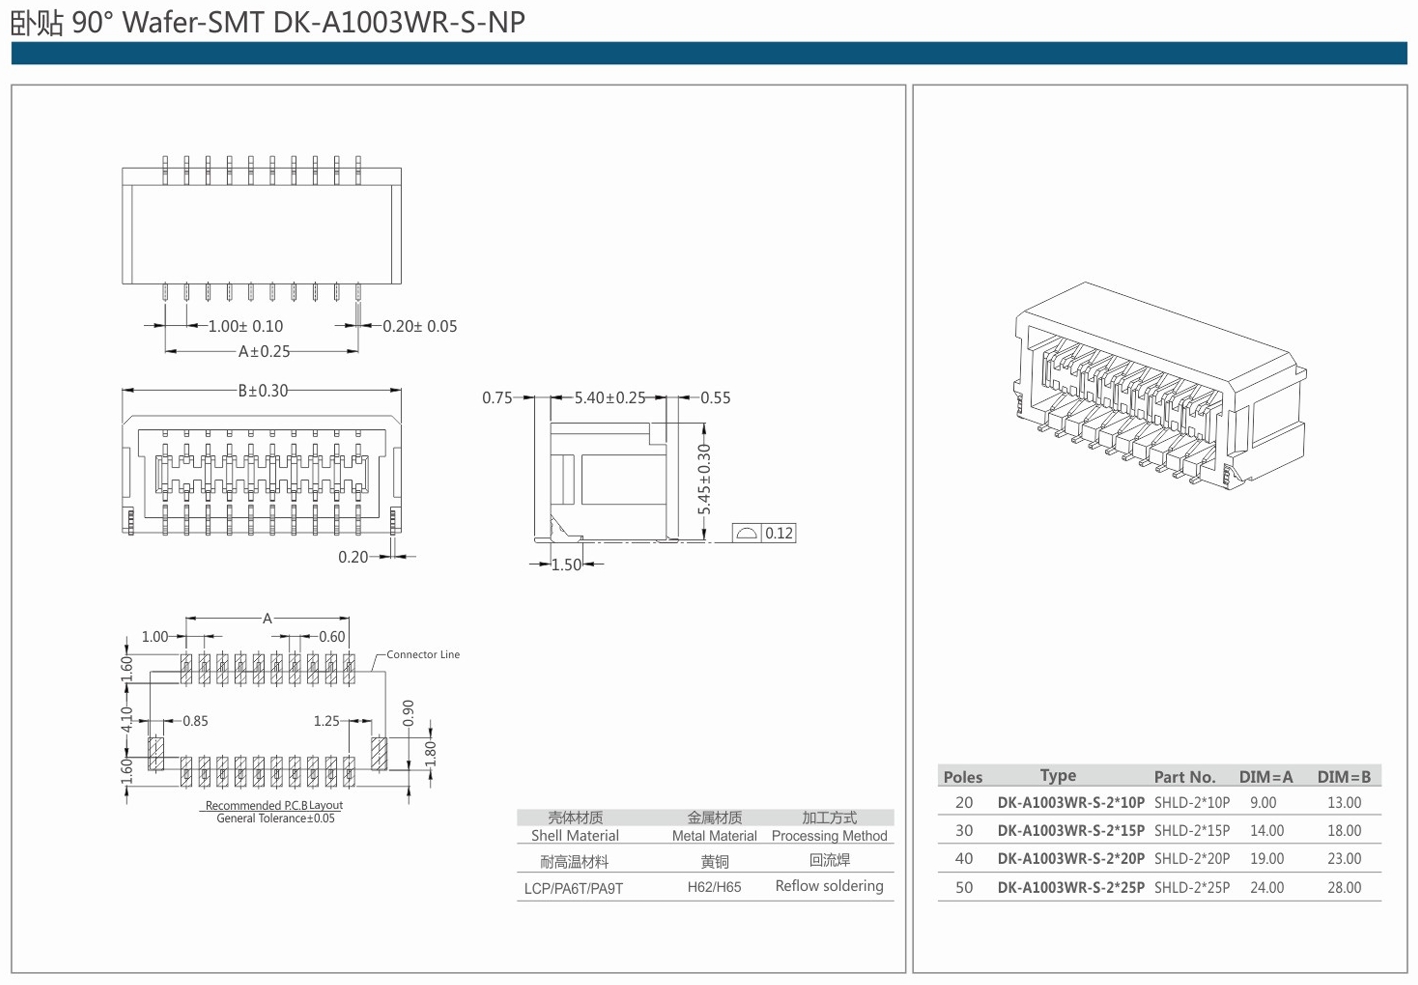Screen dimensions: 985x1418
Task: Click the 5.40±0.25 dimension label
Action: click(609, 398)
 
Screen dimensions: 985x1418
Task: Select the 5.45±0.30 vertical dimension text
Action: click(705, 479)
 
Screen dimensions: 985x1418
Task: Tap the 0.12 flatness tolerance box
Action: click(764, 533)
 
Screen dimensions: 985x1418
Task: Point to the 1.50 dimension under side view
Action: click(566, 565)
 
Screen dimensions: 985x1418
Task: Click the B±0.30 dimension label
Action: click(262, 391)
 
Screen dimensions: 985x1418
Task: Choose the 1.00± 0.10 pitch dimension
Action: click(245, 326)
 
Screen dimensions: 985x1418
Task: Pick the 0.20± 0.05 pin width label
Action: click(419, 326)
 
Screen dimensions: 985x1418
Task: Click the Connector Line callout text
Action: click(423, 655)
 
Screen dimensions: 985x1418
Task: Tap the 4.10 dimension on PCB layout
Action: click(127, 719)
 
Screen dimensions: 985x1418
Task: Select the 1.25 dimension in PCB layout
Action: click(326, 721)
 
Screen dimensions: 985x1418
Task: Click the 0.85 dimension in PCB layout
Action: click(195, 721)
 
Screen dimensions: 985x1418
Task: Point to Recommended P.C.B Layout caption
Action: click(274, 806)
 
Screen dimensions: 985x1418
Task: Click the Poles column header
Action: click(962, 777)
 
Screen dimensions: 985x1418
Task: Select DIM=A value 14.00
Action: click(1266, 831)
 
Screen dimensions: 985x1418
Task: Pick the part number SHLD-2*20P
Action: click(1191, 859)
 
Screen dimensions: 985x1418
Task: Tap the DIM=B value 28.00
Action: click(1344, 888)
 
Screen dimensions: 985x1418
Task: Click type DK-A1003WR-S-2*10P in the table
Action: click(1070, 803)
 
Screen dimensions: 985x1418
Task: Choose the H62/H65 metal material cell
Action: click(714, 887)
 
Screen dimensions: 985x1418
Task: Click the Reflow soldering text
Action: click(829, 886)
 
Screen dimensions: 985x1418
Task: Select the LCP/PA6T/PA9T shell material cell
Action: click(573, 888)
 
